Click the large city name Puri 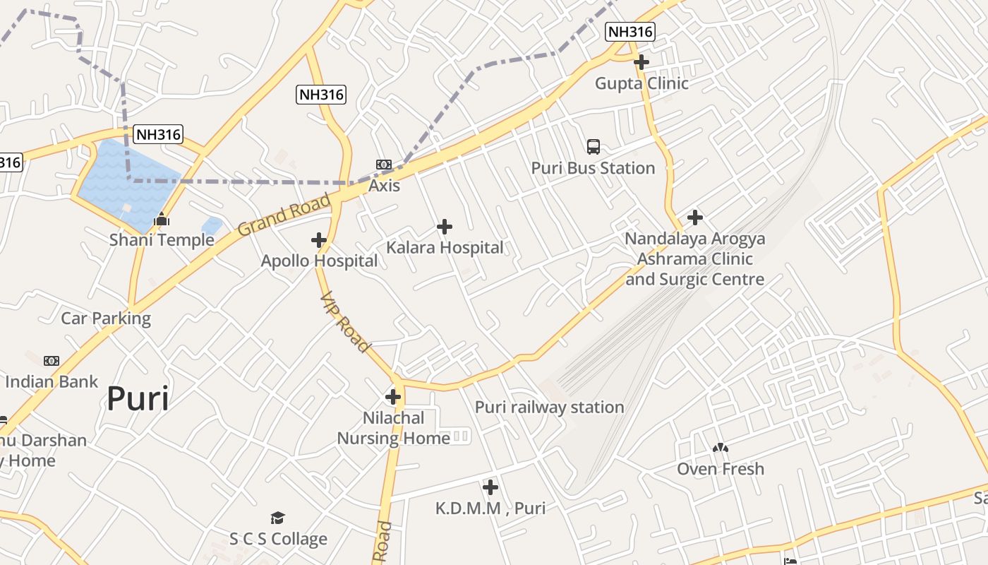(138, 399)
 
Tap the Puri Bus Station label (593, 168)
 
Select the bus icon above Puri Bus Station (594, 147)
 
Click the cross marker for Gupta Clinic (641, 62)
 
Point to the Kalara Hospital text (445, 248)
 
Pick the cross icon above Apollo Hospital (319, 240)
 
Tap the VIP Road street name (345, 321)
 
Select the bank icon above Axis (384, 165)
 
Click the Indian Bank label (52, 382)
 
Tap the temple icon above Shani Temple (162, 220)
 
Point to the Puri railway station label (549, 408)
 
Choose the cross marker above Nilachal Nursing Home (393, 397)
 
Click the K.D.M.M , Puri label (490, 509)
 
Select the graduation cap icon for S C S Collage (278, 518)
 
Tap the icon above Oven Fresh (721, 448)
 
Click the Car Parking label (106, 319)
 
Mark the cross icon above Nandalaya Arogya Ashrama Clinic (695, 218)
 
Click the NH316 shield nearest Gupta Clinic (630, 31)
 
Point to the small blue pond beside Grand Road (212, 226)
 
